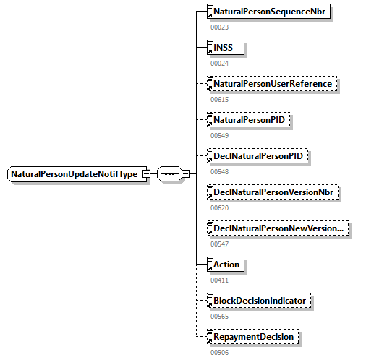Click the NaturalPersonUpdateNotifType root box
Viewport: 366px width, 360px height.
75,174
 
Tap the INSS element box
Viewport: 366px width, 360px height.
225,48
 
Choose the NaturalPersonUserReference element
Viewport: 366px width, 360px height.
272,84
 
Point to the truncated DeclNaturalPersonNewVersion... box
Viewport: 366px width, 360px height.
277,228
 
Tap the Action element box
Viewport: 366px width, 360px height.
225,265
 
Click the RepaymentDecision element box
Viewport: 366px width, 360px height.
252,336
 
